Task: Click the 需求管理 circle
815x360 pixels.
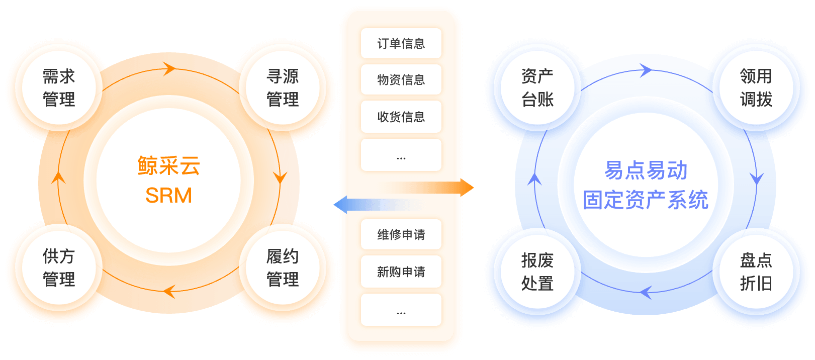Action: (59, 88)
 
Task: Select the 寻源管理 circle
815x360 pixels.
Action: (283, 88)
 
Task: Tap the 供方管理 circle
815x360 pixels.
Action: (59, 267)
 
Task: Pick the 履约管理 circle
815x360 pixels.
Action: (283, 267)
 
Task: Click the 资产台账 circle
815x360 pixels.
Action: (537, 88)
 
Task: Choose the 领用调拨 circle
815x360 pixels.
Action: (756, 88)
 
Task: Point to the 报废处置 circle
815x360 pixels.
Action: (537, 272)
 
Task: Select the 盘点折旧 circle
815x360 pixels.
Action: (756, 272)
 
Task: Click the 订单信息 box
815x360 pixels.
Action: (401, 44)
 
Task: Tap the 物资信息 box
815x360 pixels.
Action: (401, 79)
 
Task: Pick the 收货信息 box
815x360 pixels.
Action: (401, 117)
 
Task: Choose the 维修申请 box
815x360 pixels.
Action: (401, 234)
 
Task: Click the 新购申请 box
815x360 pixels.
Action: (401, 272)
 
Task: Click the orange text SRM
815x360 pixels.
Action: (169, 195)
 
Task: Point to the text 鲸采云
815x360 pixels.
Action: (169, 166)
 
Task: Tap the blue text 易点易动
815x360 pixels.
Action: (646, 170)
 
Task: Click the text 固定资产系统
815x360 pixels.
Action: (646, 200)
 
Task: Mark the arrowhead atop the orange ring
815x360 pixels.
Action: (169, 69)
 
